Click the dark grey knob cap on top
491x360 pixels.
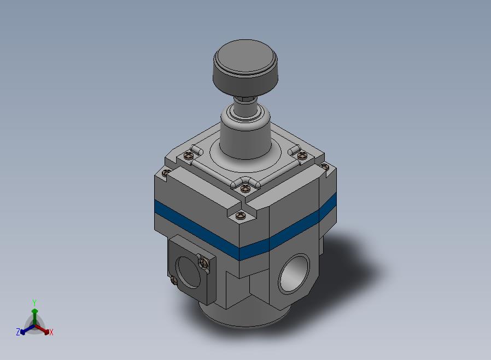pyautogui.click(x=245, y=66)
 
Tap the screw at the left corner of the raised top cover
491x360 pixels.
pyautogui.click(x=187, y=154)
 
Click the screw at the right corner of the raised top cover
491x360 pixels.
pyautogui.click(x=302, y=155)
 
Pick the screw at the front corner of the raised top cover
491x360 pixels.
pyautogui.click(x=245, y=188)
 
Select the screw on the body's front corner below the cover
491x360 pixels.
pyautogui.click(x=241, y=215)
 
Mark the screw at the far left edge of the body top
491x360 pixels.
pyautogui.click(x=166, y=172)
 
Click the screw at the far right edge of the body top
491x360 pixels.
pyautogui.click(x=324, y=167)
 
